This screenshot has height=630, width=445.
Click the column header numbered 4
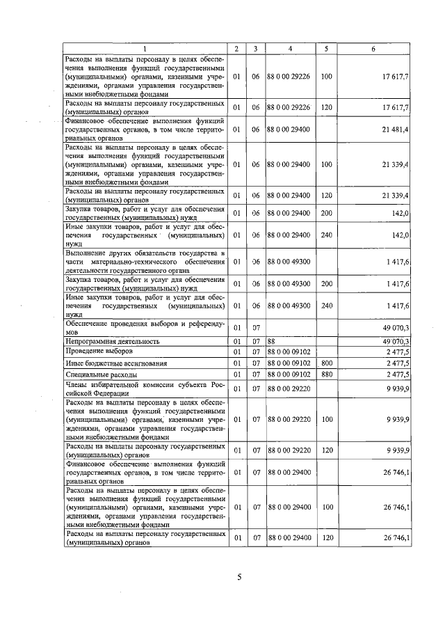(x=290, y=48)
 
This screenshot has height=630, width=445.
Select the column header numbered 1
(x=145, y=48)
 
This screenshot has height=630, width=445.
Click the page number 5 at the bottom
(x=238, y=576)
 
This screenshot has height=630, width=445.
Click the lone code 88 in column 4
(x=272, y=341)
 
